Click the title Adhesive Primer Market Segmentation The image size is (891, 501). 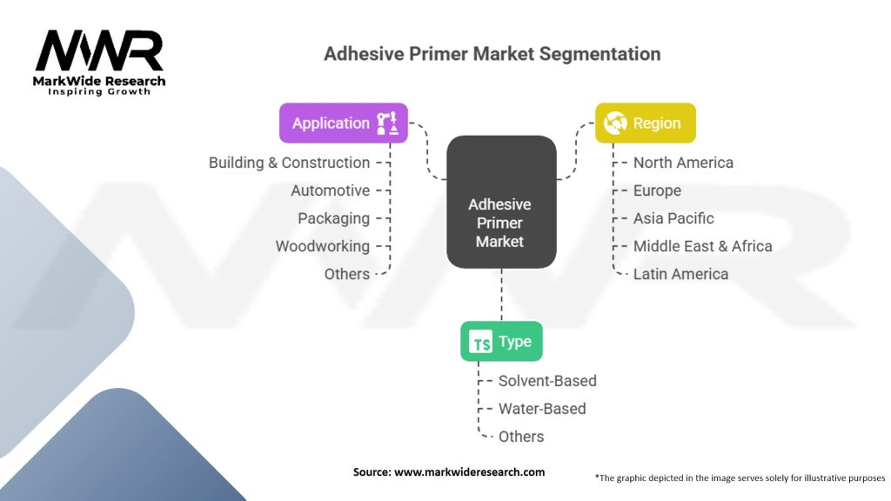pos(492,54)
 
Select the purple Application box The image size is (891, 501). pos(343,123)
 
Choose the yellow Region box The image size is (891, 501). pos(645,123)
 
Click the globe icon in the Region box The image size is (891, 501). pos(615,123)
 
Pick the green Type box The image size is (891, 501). pos(501,342)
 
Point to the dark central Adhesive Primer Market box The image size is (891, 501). pos(501,201)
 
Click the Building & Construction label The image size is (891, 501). pos(289,163)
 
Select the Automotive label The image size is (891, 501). pos(330,190)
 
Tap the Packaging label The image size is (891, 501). pos(333,218)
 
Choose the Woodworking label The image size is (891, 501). pos(322,246)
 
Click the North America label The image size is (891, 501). pos(683,163)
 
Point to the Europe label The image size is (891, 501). pos(657,190)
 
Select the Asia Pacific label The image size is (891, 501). pos(673,218)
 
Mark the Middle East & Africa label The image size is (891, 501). pos(702,246)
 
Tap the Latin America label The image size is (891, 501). pos(680,274)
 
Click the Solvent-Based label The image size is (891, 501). pos(547,381)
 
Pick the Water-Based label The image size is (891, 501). pos(542,409)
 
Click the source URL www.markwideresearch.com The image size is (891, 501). pos(469,472)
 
